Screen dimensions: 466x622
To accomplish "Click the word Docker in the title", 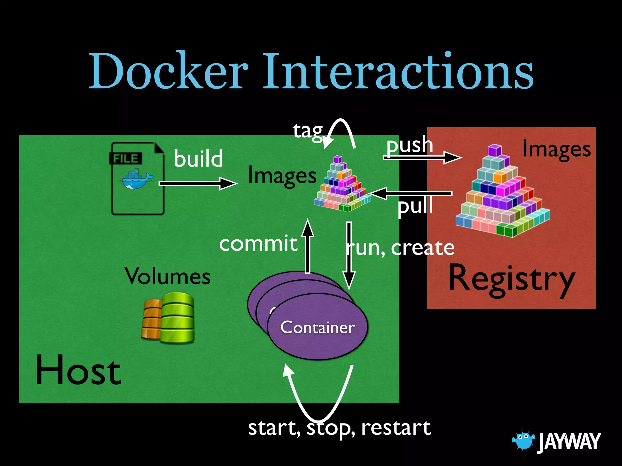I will coord(169,71).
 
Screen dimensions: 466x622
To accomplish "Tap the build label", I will coord(198,158).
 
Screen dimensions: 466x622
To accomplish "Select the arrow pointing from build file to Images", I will coord(197,184).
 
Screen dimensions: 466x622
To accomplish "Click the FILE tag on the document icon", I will coord(126,158).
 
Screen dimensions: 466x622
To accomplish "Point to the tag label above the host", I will coord(307,131).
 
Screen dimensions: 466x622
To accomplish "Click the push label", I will coord(409,145).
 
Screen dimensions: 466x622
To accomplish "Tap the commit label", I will coord(258,243).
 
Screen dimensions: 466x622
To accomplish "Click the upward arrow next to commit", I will coord(308,246).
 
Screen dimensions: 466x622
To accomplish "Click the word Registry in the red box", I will coord(511,279).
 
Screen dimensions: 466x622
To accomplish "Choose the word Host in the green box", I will coord(78,370).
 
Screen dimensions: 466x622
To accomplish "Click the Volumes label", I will coord(167,276).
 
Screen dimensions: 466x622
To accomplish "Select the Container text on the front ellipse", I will coord(317,327).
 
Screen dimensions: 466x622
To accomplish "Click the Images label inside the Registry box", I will coord(556,150).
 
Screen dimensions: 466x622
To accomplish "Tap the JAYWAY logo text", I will coord(569,441).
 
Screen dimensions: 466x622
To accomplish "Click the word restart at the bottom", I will coord(396,428).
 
